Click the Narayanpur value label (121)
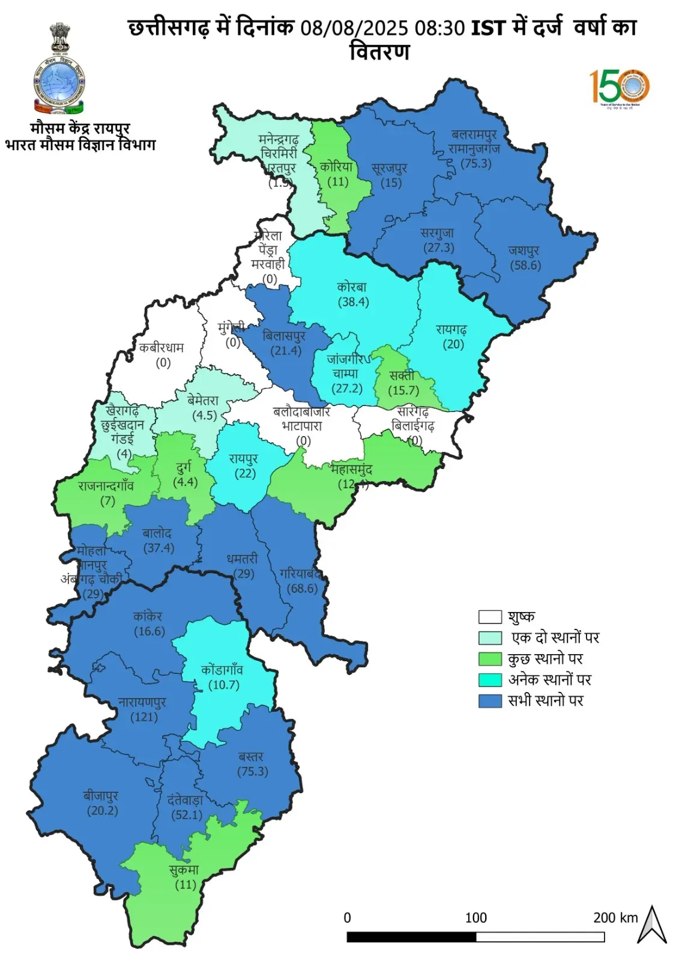(x=144, y=717)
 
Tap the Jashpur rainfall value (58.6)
(x=525, y=265)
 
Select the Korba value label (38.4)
(x=353, y=302)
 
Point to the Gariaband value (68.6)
(x=303, y=588)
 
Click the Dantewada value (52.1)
(x=187, y=814)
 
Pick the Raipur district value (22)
(x=245, y=473)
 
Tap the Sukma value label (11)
(x=186, y=884)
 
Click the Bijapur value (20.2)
(x=103, y=810)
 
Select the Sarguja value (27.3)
(x=439, y=247)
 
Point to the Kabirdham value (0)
(x=163, y=362)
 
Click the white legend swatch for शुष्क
(x=490, y=617)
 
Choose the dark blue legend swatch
(x=490, y=701)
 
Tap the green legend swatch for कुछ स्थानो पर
(x=490, y=659)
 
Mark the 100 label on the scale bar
(x=475, y=917)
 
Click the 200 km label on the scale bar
(x=615, y=917)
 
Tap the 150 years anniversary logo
(x=620, y=87)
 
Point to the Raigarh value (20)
(x=453, y=344)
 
